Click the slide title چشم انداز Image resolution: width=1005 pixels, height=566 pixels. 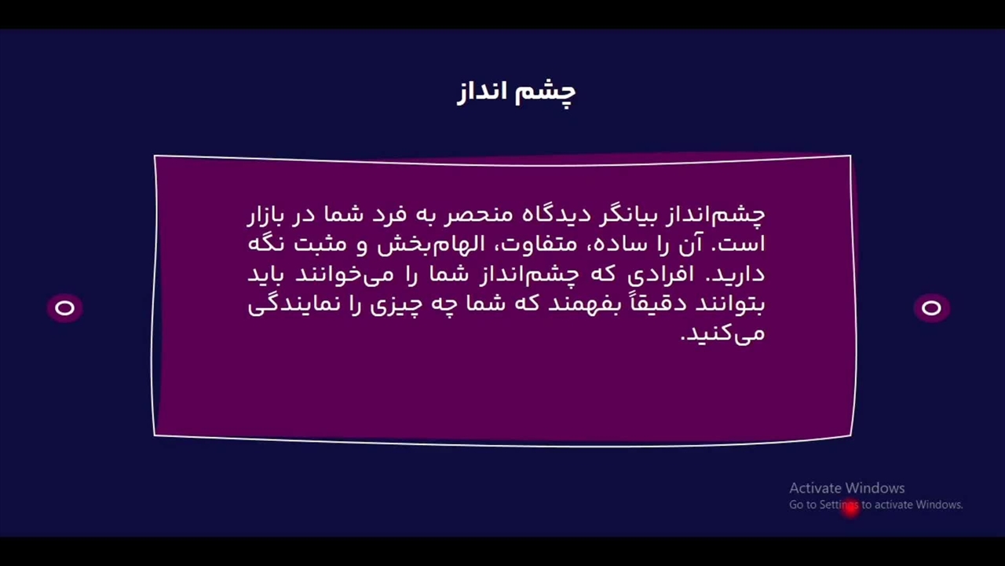[516, 93]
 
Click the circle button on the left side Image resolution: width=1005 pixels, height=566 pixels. [64, 307]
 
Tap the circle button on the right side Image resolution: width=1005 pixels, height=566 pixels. [931, 307]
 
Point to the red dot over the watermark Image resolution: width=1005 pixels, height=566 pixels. [850, 509]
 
